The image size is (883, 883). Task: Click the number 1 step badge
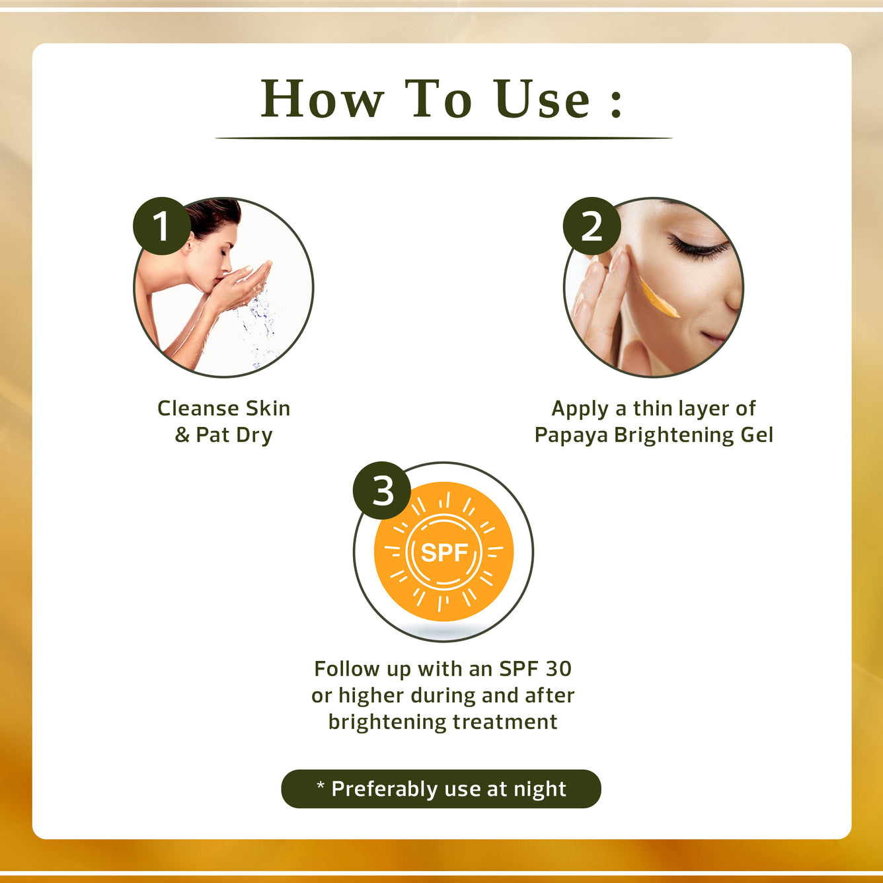(161, 226)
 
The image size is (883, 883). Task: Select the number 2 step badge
(592, 226)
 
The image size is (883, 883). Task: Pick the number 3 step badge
(382, 490)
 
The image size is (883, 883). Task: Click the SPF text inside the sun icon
(444, 553)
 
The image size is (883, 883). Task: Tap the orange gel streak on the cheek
(658, 299)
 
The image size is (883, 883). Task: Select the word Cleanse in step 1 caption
(199, 408)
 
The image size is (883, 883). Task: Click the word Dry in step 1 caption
(254, 436)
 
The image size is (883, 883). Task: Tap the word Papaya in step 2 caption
(571, 436)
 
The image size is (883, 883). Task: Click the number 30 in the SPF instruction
(558, 669)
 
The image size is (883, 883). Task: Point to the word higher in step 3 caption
(371, 696)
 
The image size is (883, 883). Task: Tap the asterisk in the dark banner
(321, 785)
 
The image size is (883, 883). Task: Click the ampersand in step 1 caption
(182, 436)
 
